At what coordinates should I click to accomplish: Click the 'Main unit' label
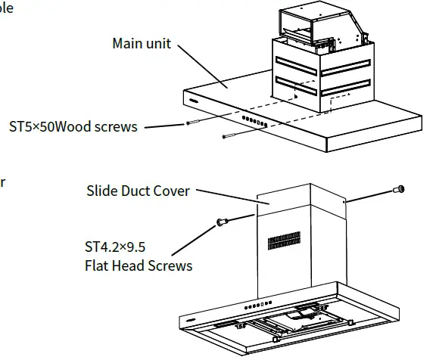coord(143,43)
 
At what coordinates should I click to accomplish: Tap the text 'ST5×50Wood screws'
coord(73,126)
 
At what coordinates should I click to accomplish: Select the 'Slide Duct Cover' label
coord(137,191)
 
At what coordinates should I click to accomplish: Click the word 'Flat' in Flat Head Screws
coord(98,265)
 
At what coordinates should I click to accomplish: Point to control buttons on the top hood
coord(254,121)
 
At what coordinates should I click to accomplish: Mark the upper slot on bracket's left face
coord(298,60)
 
